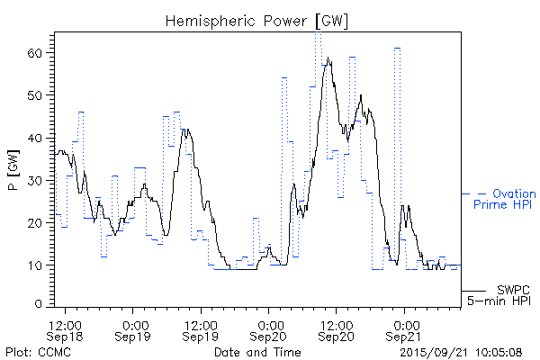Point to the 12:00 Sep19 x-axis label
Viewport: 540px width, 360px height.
tap(201, 329)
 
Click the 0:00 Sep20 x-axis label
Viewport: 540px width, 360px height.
tap(268, 329)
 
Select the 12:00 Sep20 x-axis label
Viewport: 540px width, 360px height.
tap(336, 329)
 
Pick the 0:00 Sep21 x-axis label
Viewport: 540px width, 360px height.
tap(403, 329)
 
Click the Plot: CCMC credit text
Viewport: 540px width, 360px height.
tap(38, 352)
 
